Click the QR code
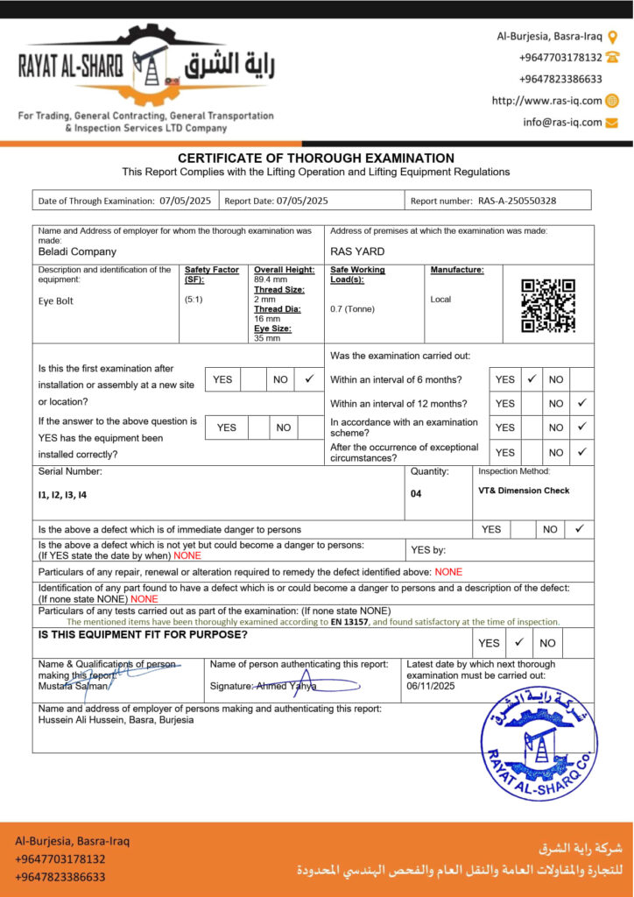tap(548, 306)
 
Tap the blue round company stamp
tap(539, 743)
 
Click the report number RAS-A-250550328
tap(517, 201)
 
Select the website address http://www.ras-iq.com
tap(546, 101)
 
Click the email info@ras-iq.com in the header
tap(562, 123)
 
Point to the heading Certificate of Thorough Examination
tap(316, 158)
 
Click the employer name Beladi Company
tap(77, 251)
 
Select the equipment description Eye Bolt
tap(56, 301)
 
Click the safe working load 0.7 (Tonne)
tap(353, 309)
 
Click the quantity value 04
tap(416, 494)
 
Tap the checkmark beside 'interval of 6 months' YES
tap(532, 379)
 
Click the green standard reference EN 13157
tap(349, 621)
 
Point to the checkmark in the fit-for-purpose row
tap(519, 642)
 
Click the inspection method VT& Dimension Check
tap(524, 491)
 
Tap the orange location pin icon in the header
tap(612, 37)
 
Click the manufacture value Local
tap(440, 300)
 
